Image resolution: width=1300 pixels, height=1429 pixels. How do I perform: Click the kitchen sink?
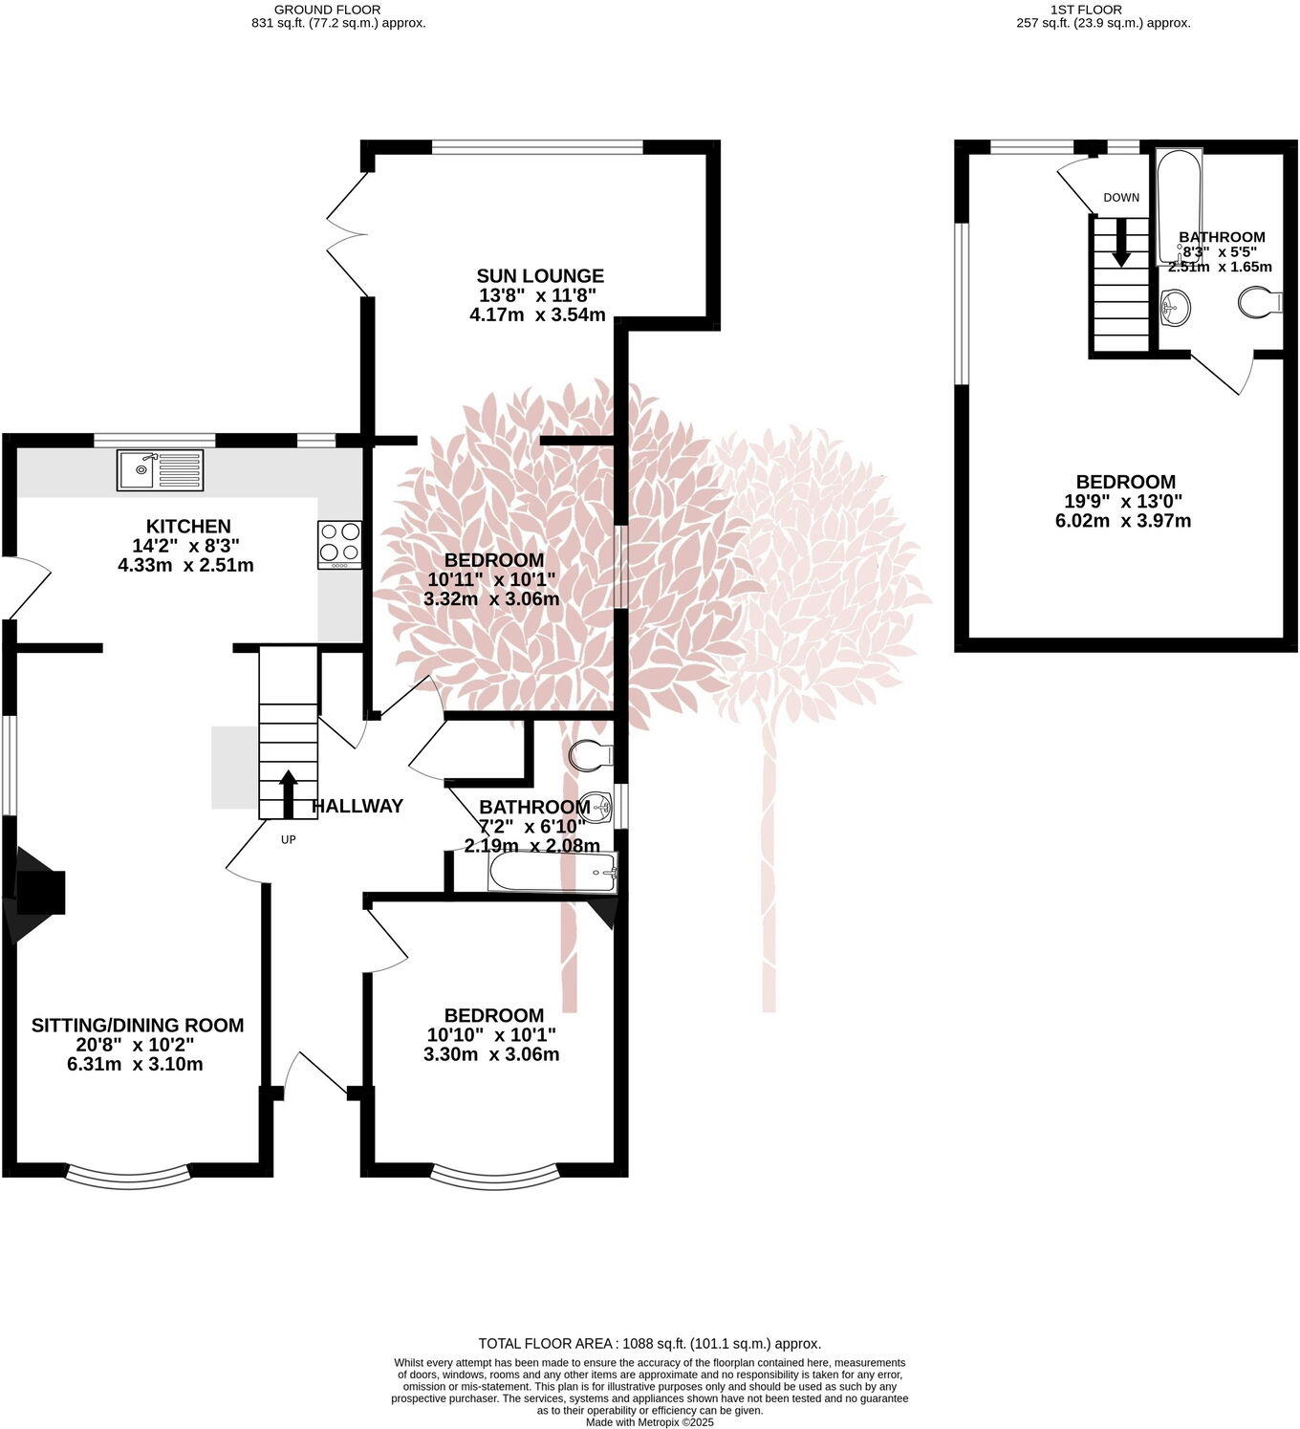pos(160,469)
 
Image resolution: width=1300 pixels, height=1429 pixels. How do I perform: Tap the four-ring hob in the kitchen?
pos(340,545)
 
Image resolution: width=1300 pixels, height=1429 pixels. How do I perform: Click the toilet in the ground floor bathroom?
pos(590,755)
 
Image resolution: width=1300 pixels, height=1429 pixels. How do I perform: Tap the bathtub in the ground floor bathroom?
pos(553,873)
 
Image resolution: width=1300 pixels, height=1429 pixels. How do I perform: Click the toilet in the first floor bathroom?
pos(1260,304)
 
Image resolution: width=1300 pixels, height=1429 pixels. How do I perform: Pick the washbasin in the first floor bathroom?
pos(1174,308)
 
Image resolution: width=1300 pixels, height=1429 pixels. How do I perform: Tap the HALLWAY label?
pos(357,807)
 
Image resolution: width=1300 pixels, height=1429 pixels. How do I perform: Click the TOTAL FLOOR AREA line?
pos(649,1343)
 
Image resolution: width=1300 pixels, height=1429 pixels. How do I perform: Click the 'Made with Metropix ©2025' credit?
pos(649,1422)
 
